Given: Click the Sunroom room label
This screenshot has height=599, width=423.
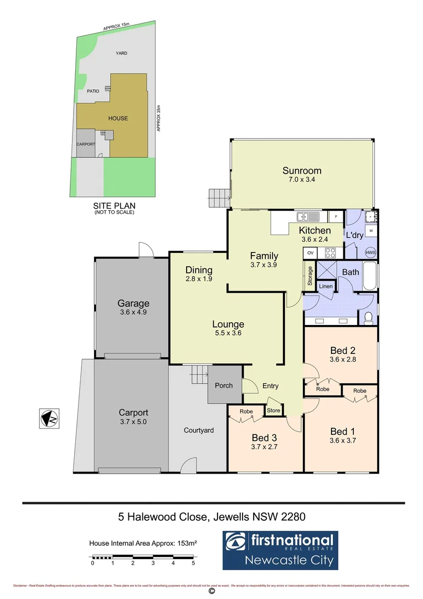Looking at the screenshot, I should pyautogui.click(x=302, y=171).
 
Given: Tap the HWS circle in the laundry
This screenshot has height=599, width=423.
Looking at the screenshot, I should pyautogui.click(x=370, y=252).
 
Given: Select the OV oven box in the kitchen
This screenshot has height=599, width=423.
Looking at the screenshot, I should pyautogui.click(x=310, y=253).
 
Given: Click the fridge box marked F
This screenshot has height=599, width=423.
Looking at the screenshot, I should pyautogui.click(x=336, y=216).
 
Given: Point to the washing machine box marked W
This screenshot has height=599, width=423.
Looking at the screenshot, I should pyautogui.click(x=370, y=231).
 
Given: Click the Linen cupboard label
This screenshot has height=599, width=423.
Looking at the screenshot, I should pyautogui.click(x=326, y=286).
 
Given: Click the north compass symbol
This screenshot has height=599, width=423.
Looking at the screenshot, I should pyautogui.click(x=49, y=418).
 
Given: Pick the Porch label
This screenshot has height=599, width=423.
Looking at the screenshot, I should pyautogui.click(x=224, y=385).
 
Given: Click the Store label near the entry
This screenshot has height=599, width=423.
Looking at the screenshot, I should pyautogui.click(x=274, y=411).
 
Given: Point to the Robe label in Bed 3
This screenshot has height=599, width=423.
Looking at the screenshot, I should pyautogui.click(x=246, y=412).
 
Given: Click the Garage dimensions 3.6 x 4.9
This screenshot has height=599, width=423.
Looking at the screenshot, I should pyautogui.click(x=133, y=312).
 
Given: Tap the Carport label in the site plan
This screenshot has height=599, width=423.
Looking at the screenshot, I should pyautogui.click(x=86, y=144).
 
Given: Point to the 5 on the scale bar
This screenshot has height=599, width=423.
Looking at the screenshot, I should pyautogui.click(x=193, y=563).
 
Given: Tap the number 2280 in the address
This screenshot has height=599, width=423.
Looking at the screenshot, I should pyautogui.click(x=290, y=517).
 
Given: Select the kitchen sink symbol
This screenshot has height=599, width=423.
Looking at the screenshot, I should pyautogui.click(x=306, y=216).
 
